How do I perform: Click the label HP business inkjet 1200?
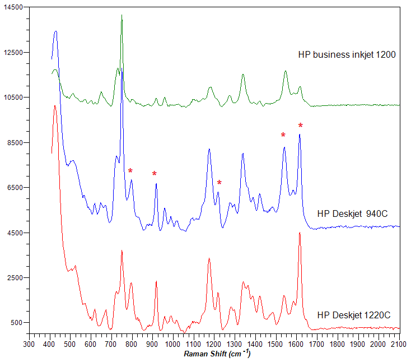[x=347, y=55]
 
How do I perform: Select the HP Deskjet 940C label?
[x=352, y=214]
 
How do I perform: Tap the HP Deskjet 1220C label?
[x=353, y=315]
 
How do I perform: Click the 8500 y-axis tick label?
[x=13, y=142]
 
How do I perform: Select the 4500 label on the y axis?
[x=13, y=233]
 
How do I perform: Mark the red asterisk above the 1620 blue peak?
[x=301, y=126]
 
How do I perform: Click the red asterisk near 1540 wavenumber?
[x=283, y=135]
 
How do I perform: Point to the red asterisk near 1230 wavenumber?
[x=219, y=183]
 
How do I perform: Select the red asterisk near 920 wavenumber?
[x=155, y=174]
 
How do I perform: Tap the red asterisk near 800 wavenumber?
[x=130, y=171]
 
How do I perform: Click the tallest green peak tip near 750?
[x=122, y=15]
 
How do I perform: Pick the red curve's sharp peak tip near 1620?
[x=300, y=233]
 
